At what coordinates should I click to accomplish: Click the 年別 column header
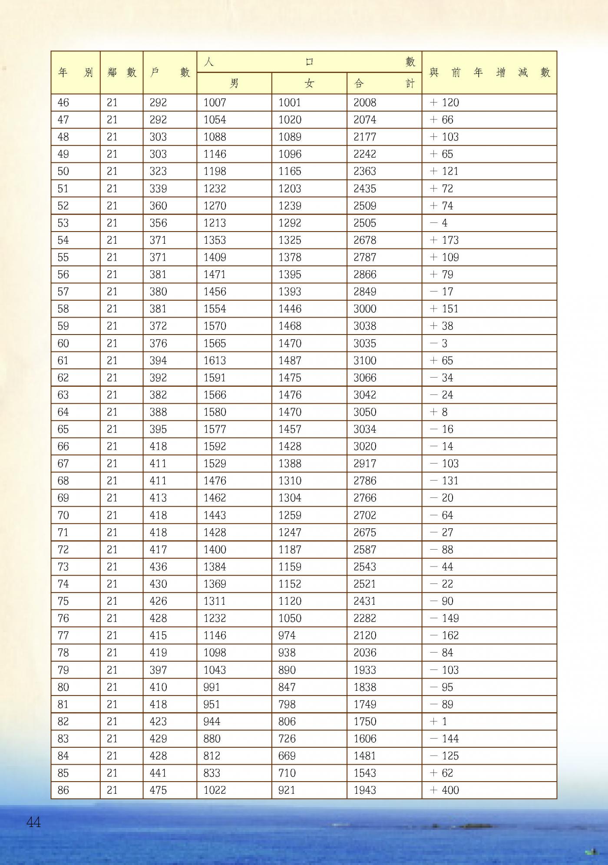[76, 73]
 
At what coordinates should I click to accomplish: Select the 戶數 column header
[170, 73]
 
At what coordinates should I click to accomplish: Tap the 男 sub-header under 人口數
[234, 83]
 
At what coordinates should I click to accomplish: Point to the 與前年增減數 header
[489, 73]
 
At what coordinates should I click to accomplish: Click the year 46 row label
[63, 103]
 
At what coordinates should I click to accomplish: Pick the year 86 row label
[63, 790]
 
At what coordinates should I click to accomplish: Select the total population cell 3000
[365, 309]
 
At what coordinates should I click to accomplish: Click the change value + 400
[444, 790]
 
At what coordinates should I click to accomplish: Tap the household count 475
[158, 790]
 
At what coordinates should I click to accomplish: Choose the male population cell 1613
[215, 361]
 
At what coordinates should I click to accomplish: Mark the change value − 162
[444, 635]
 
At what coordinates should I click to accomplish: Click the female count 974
[287, 635]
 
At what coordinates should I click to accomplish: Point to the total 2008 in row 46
[365, 103]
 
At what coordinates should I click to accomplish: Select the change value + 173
[444, 240]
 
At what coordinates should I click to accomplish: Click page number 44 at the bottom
[33, 822]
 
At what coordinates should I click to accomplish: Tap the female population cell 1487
[290, 361]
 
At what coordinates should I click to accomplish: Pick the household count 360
[158, 206]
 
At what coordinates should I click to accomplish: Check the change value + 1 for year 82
[439, 721]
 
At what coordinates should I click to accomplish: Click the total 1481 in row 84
[365, 756]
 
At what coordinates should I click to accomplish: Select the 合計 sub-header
[384, 83]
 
